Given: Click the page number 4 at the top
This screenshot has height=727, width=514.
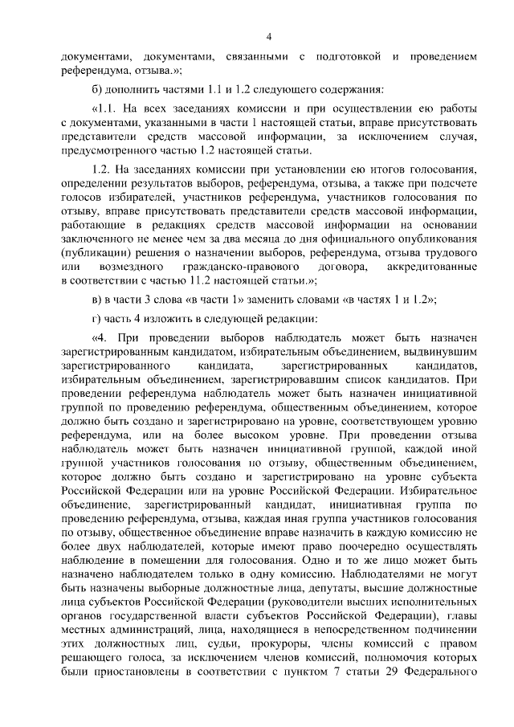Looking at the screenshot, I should [x=268, y=36].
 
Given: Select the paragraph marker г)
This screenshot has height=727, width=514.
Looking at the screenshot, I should [x=96, y=318].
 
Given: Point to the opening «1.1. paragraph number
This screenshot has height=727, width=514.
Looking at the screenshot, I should [x=108, y=108].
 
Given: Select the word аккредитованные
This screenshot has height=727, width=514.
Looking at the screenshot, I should [x=432, y=266].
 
